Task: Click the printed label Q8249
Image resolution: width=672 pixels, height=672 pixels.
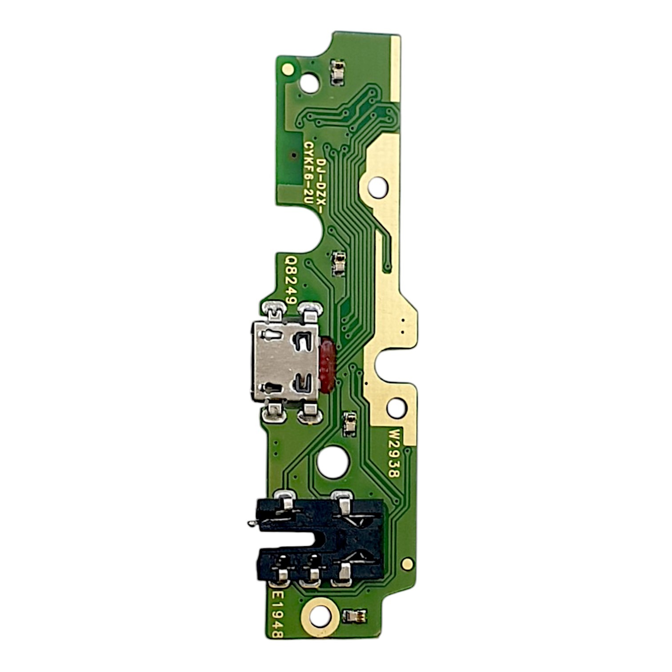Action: [x=291, y=279]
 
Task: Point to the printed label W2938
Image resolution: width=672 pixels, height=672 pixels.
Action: [x=394, y=452]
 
